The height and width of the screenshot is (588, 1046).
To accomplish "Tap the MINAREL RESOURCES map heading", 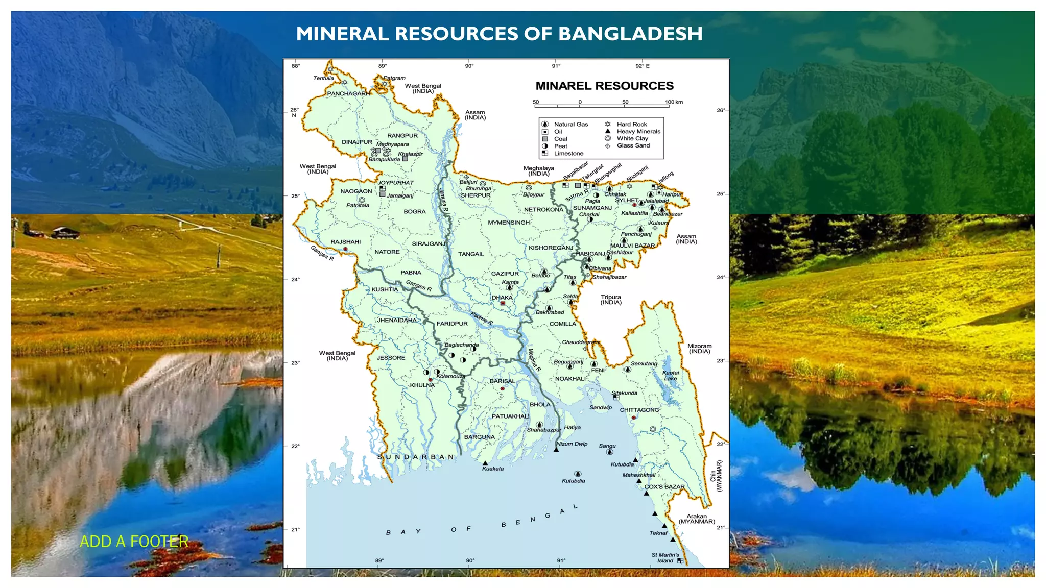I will click(604, 86).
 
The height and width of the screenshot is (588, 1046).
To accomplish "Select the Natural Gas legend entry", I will click(570, 124).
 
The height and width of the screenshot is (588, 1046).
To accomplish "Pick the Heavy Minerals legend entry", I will click(638, 131).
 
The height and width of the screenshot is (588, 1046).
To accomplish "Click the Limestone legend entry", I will click(568, 153).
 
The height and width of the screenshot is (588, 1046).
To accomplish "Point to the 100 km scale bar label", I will click(674, 102).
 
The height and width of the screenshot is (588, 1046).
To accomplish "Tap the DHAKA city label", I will click(502, 298).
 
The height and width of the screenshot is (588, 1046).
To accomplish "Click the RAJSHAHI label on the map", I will click(345, 242).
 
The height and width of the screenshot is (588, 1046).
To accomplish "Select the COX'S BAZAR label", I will click(664, 487).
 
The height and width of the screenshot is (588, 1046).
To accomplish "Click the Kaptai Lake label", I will click(670, 375).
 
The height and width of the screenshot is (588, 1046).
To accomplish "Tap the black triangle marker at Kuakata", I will click(485, 463).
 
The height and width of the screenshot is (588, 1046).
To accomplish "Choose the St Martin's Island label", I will click(665, 557).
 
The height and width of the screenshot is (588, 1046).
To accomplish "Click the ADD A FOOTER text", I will click(134, 541).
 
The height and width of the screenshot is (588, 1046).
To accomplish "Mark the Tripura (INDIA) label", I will click(611, 300).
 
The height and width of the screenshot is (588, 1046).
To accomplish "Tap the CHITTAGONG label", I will click(639, 410).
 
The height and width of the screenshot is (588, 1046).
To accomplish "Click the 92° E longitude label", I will click(643, 66).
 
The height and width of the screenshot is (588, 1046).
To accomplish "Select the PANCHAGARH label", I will click(348, 93).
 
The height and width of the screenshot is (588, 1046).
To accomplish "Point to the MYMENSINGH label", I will click(509, 223).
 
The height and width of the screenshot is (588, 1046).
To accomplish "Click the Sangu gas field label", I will click(607, 446).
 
